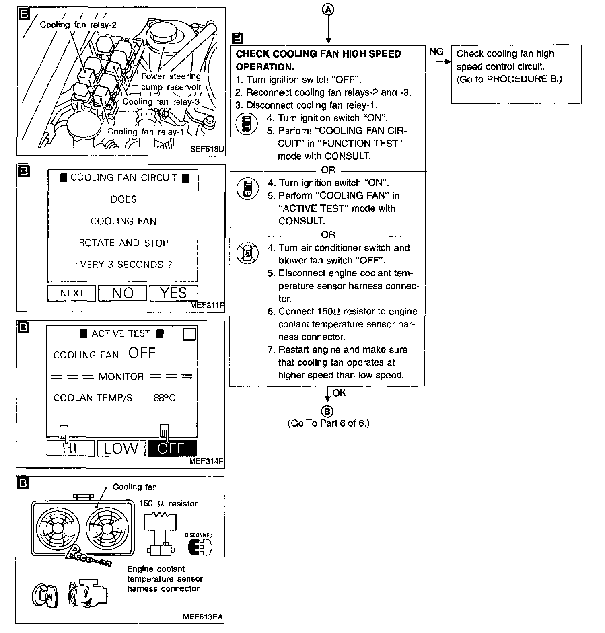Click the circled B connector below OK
coord(328,411)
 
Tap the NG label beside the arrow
coord(436,52)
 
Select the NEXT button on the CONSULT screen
coord(72,293)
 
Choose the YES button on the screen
coord(173,293)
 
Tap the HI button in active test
coord(70,448)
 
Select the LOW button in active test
coord(121,448)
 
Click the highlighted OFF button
coord(172,448)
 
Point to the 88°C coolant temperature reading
coord(164,398)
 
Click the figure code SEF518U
coord(207,149)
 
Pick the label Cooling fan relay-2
coord(78,25)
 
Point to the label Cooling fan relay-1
coord(146,132)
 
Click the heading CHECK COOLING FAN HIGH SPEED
coord(318,54)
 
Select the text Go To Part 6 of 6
coord(328,423)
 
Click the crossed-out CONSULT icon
coord(247,253)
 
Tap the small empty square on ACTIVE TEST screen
coord(189,334)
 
